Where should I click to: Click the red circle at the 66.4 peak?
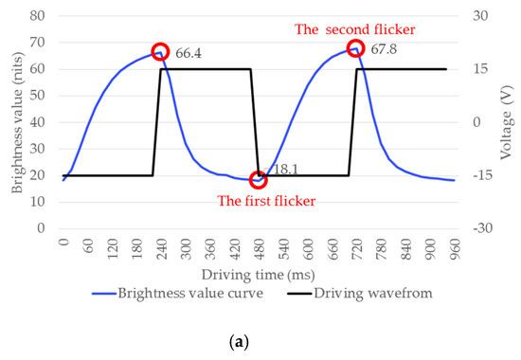click(x=160, y=52)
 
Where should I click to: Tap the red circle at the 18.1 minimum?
click(x=258, y=180)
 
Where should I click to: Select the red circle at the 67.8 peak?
click(x=355, y=48)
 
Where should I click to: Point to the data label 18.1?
click(x=283, y=168)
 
